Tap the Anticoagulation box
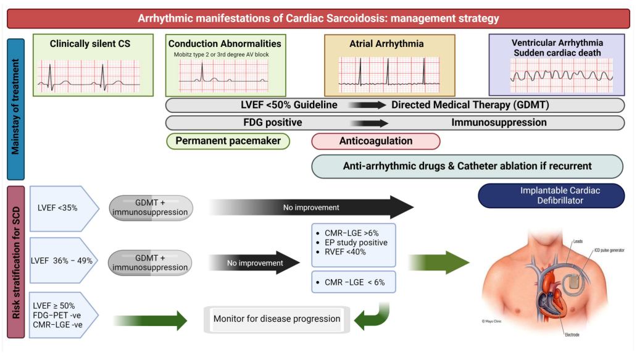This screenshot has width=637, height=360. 375,141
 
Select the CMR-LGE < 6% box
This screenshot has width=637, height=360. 354,282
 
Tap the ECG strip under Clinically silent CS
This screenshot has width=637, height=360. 88,76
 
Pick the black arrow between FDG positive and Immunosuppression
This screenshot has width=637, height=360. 368,122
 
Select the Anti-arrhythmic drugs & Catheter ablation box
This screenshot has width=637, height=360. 467,165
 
